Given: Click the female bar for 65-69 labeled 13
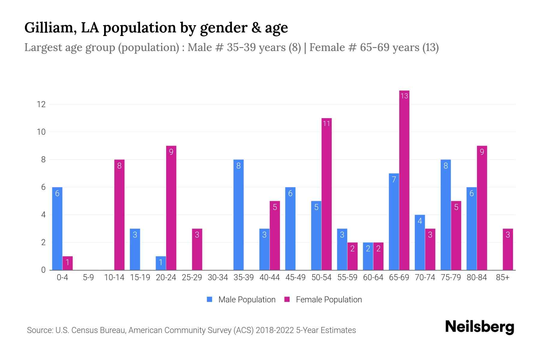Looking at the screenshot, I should click(x=404, y=180).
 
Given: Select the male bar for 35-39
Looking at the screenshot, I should click(x=238, y=215).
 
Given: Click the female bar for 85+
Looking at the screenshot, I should click(x=508, y=249).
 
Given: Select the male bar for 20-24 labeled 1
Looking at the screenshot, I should click(x=161, y=263).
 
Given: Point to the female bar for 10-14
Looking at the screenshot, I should click(x=119, y=215).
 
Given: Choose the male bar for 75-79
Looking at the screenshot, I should click(x=445, y=215).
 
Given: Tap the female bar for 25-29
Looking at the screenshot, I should click(x=197, y=249).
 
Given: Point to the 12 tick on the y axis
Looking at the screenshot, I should click(x=41, y=104).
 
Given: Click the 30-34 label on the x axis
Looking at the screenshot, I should click(x=218, y=277).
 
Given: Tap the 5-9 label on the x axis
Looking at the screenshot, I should click(x=88, y=277).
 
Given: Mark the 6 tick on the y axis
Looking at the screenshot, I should click(x=43, y=187).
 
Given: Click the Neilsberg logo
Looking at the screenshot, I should click(x=479, y=327).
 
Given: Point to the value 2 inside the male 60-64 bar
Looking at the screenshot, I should click(x=368, y=249).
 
